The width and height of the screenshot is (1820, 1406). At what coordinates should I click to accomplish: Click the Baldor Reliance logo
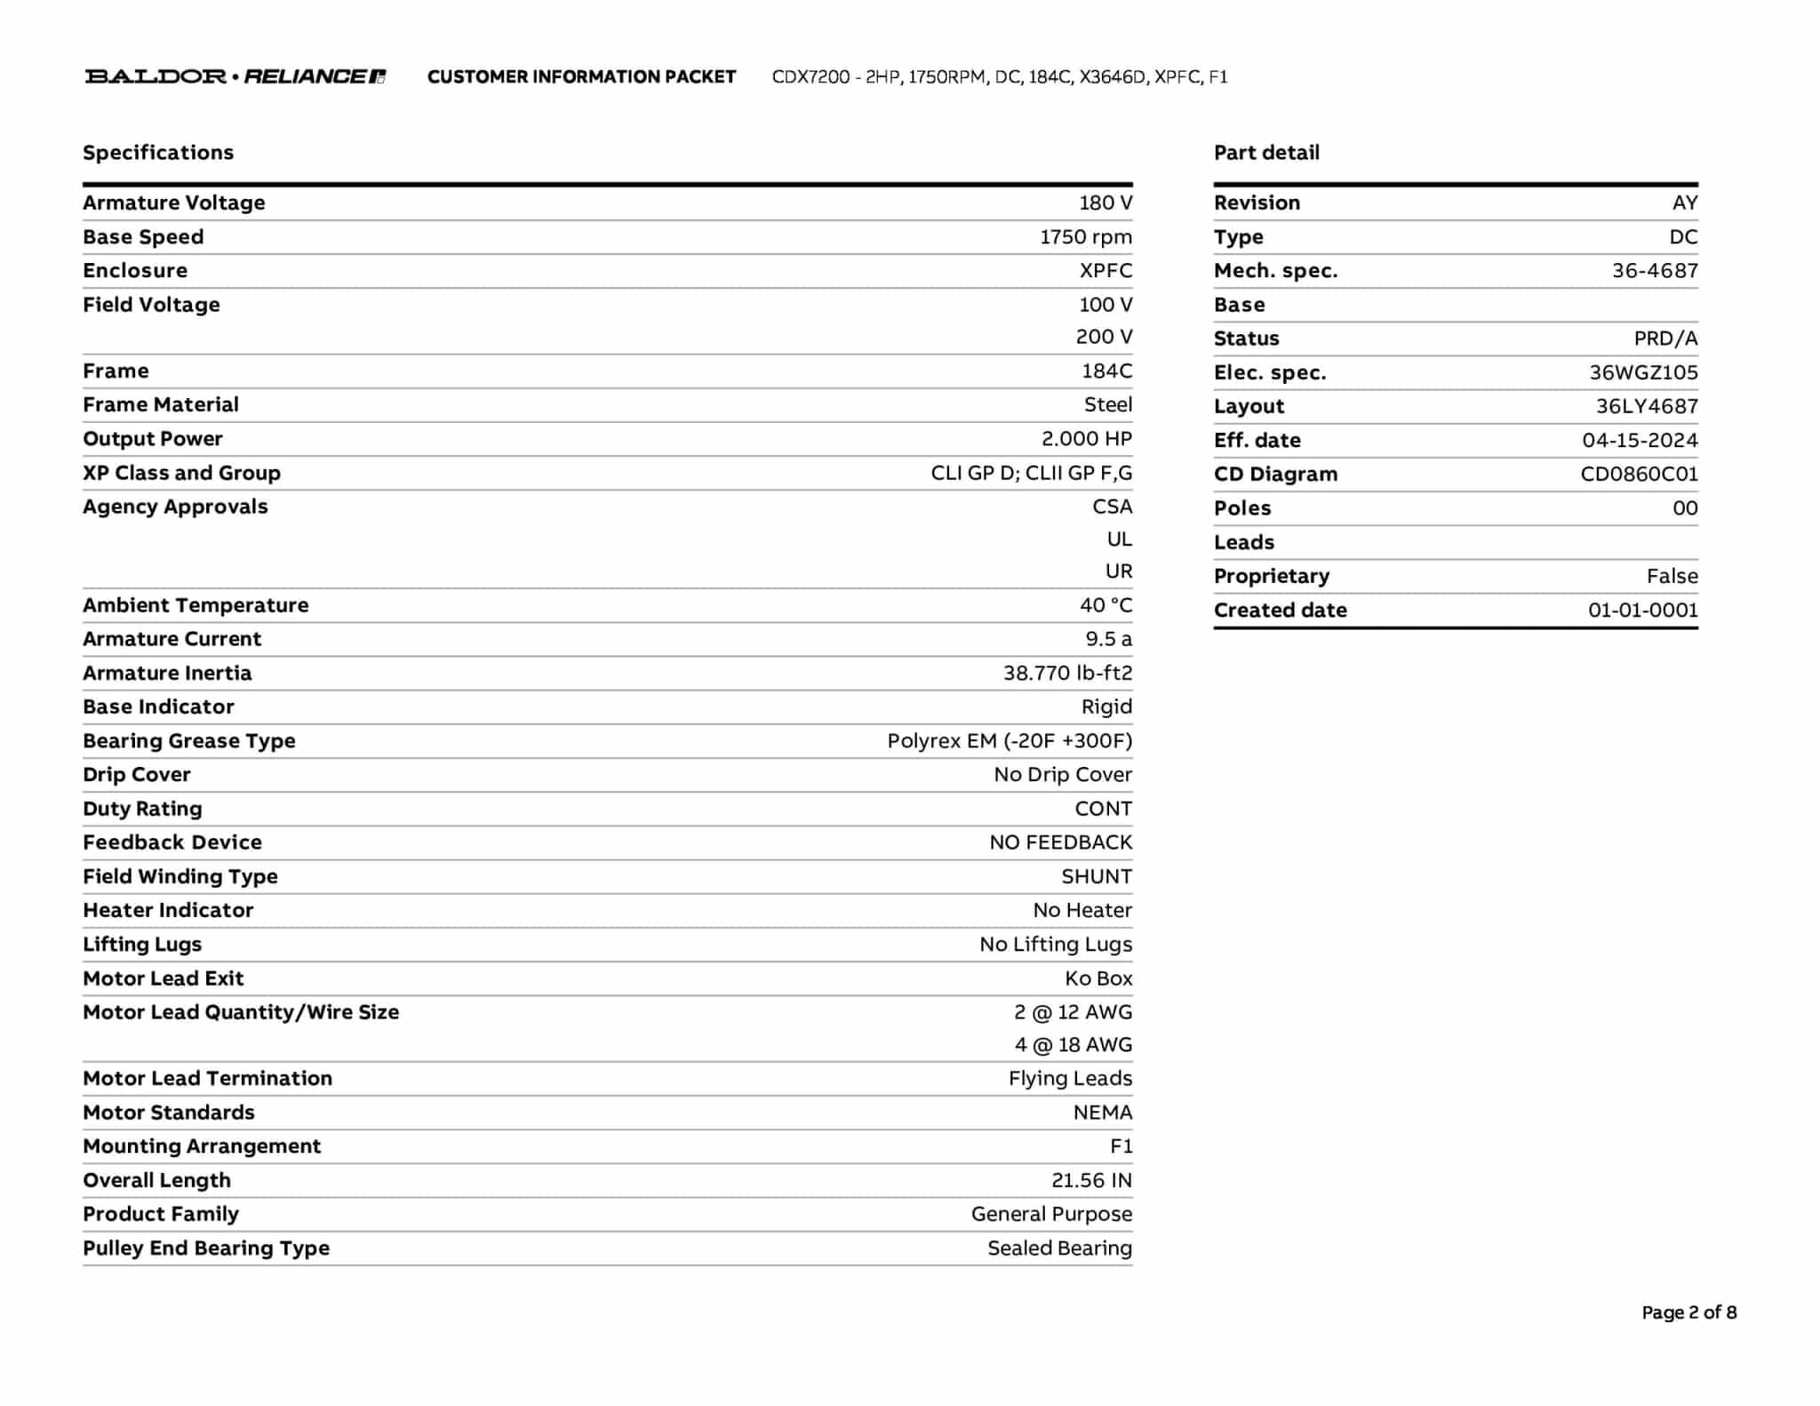(x=235, y=76)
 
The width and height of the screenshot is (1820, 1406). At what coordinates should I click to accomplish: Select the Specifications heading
(x=158, y=153)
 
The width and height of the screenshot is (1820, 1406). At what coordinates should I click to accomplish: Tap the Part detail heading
(x=1266, y=153)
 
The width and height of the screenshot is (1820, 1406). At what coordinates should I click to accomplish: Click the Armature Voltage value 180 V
(x=1106, y=203)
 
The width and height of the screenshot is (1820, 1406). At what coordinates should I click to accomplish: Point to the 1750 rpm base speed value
(x=1086, y=237)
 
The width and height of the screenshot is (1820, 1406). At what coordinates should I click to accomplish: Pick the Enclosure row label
(x=135, y=271)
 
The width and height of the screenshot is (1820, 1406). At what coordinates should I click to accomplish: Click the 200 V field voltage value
(x=1104, y=337)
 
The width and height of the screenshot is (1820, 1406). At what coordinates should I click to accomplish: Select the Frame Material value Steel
(x=1107, y=405)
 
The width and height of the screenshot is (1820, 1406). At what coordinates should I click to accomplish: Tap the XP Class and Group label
(x=181, y=473)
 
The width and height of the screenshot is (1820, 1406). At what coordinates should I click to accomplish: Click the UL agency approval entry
(x=1119, y=539)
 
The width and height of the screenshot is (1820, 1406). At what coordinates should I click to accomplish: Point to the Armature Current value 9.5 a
(x=1108, y=639)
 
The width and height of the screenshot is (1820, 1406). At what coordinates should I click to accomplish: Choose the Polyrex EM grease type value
(x=1010, y=741)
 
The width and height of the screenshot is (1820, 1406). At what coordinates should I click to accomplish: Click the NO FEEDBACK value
(x=1060, y=843)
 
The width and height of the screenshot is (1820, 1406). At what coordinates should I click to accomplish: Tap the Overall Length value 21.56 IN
(x=1091, y=1180)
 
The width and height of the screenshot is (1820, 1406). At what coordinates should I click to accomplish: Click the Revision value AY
(x=1684, y=203)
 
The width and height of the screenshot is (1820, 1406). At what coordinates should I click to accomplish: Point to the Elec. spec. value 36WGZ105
(x=1643, y=372)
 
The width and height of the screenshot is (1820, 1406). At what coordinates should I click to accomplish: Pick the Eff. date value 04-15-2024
(x=1640, y=440)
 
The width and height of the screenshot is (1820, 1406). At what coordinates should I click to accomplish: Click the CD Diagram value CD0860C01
(x=1639, y=474)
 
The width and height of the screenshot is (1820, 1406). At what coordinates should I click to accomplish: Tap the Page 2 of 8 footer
(x=1688, y=1313)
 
